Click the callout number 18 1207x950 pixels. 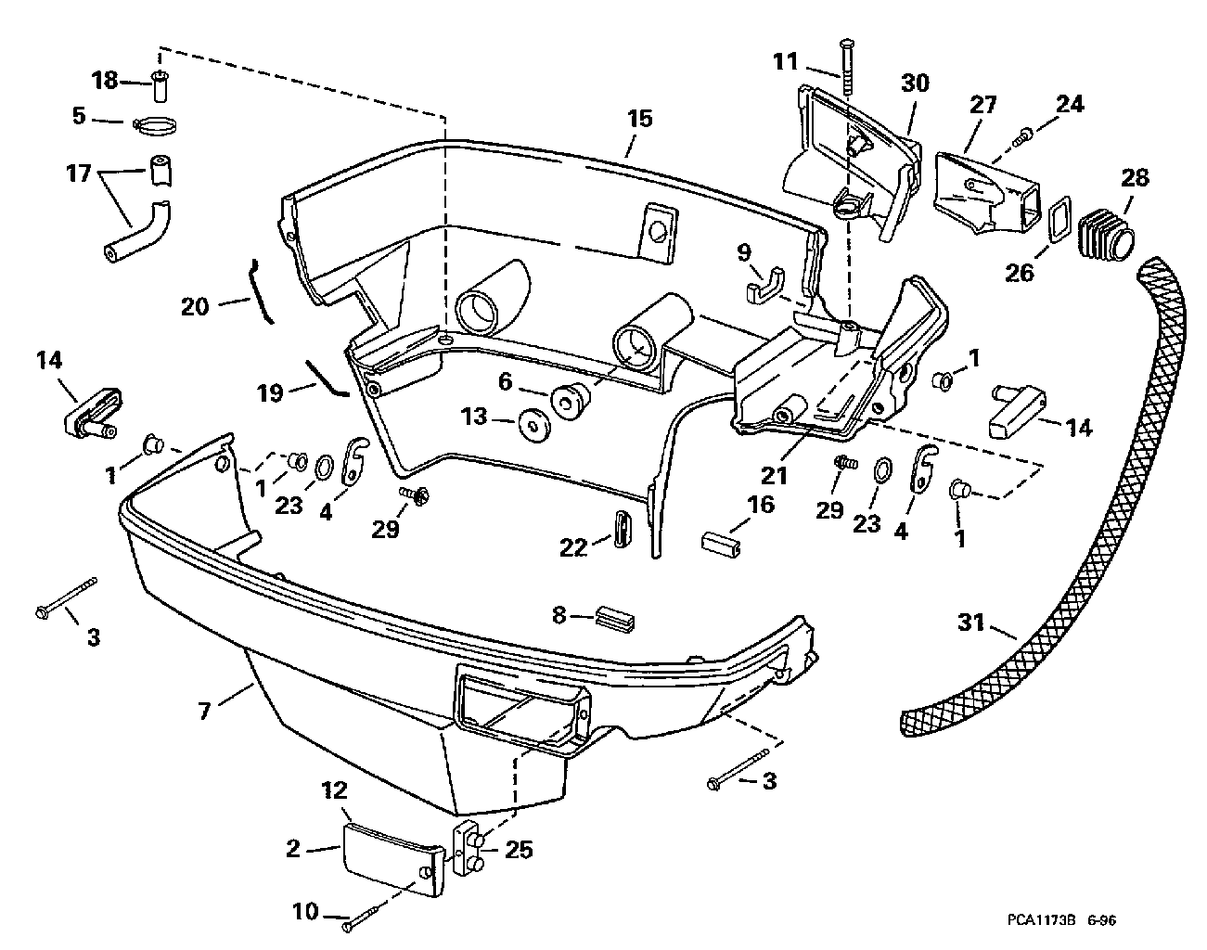coord(105,81)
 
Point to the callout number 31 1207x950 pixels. coord(971,623)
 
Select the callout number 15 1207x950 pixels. coord(640,119)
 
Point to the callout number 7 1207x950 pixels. coord(204,711)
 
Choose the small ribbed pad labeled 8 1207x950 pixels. coord(615,618)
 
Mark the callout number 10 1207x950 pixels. coord(305,911)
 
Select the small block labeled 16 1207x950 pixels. coord(721,546)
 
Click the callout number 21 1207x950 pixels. coord(774,476)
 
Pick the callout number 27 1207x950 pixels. coord(982,105)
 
